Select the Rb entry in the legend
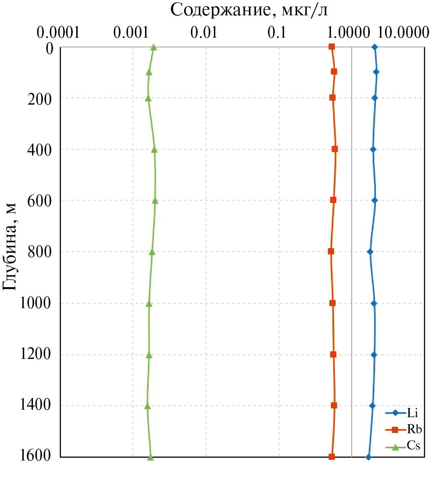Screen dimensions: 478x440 pos(412,429)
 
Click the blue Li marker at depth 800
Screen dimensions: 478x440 pos(370,252)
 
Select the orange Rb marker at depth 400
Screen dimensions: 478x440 pos(335,149)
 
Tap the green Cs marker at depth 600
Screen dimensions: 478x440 pos(155,200)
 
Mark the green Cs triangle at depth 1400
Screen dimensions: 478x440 pos(148,406)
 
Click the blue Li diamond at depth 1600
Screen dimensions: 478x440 pos(369,457)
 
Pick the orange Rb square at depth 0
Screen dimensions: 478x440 pos(332,46)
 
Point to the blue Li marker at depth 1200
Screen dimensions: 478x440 pos(374,355)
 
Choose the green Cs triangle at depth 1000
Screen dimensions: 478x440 pos(149,303)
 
